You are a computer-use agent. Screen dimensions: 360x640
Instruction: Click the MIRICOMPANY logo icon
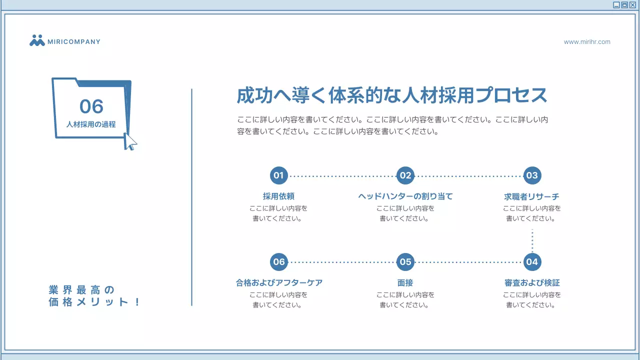point(37,41)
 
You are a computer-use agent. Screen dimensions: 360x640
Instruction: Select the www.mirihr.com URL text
point(587,42)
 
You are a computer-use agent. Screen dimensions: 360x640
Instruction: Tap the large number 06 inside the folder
point(91,106)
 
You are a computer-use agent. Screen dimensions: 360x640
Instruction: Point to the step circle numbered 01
point(279,175)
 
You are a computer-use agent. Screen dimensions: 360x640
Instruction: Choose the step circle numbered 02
point(405,175)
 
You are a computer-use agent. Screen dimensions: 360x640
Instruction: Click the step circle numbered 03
point(532,175)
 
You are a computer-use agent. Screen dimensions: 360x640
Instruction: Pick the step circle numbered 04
point(532,262)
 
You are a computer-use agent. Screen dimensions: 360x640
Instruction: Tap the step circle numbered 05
point(405,262)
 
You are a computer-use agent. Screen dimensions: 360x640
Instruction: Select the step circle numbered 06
point(279,262)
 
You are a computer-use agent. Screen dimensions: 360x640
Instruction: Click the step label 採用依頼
point(279,196)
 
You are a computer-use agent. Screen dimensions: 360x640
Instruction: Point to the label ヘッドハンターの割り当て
point(405,196)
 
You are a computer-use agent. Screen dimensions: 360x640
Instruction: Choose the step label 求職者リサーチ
point(532,196)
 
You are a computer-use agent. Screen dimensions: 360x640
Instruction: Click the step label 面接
point(405,283)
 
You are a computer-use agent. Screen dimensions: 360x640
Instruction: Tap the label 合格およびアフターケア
point(279,283)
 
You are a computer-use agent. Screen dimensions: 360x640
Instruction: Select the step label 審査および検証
point(532,283)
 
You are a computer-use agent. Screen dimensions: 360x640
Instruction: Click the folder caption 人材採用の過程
point(91,124)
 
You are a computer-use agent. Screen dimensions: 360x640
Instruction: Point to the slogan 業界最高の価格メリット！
point(94,296)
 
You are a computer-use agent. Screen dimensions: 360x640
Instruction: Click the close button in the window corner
point(632,5)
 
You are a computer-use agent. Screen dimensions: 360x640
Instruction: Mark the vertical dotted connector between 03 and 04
point(532,241)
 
